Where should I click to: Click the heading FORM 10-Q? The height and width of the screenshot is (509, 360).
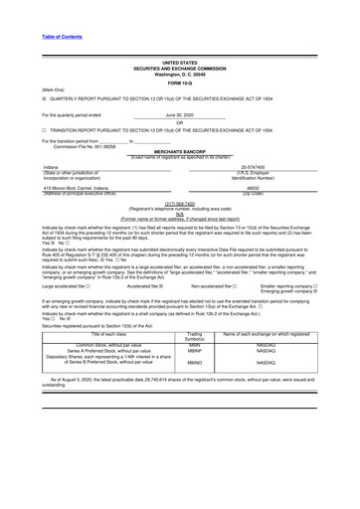179,83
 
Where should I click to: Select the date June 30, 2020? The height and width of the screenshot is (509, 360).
179,115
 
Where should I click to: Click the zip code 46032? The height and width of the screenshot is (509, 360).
277,186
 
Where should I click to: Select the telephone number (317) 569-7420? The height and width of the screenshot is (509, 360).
179,200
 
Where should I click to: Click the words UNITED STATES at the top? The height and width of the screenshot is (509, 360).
179,62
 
